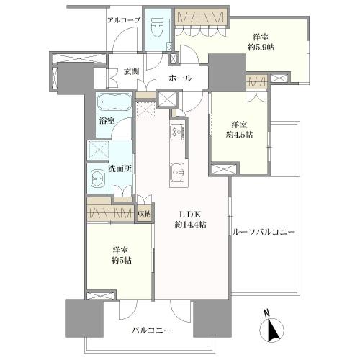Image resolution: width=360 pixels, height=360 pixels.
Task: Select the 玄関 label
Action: (130, 71)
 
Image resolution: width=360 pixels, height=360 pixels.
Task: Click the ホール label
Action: (181, 78)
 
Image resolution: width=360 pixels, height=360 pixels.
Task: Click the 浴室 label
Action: (107, 121)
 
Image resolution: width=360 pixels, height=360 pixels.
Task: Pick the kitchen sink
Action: (177, 171)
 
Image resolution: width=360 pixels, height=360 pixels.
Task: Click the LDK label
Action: (190, 214)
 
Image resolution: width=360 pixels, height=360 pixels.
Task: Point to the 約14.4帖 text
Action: (190, 225)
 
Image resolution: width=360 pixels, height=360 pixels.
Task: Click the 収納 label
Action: (145, 214)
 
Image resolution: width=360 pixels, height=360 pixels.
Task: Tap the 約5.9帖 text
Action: (267, 47)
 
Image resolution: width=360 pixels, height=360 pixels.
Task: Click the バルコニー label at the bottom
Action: (151, 330)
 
